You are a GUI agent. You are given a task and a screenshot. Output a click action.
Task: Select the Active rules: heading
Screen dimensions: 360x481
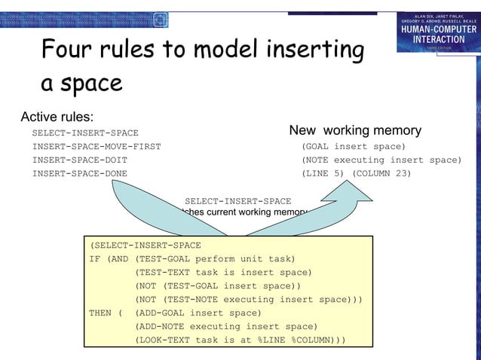click(57, 117)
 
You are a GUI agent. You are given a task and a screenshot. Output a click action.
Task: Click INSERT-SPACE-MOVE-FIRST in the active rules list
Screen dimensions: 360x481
click(96, 146)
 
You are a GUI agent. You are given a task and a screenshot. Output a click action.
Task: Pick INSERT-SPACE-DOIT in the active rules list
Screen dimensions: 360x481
click(79, 160)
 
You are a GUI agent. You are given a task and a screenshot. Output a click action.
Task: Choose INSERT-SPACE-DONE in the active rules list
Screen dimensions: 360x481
click(79, 173)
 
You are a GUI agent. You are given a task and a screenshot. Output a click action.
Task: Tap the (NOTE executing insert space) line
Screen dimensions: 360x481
click(381, 160)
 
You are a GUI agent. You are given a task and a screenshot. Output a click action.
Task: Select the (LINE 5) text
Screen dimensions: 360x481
click(323, 173)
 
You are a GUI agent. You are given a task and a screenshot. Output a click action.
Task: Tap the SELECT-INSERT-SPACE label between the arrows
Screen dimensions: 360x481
click(237, 201)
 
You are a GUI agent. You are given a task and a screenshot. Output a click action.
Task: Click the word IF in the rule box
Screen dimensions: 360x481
click(95, 258)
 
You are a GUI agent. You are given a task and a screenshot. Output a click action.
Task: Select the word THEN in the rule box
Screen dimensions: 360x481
click(101, 313)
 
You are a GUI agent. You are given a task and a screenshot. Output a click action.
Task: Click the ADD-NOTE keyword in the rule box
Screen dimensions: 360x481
click(159, 326)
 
